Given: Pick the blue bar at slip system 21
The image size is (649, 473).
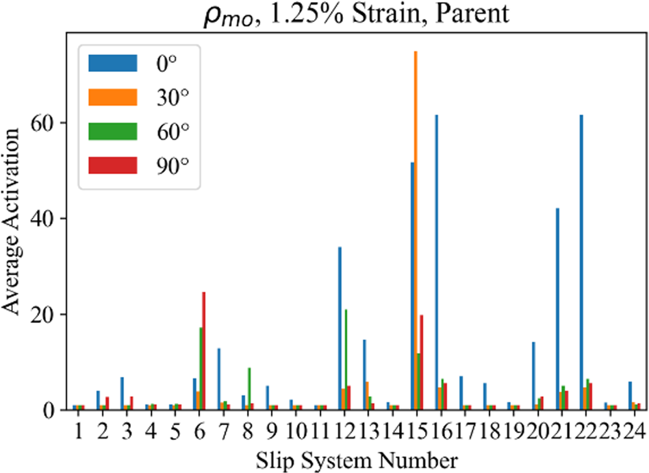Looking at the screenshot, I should [557, 309].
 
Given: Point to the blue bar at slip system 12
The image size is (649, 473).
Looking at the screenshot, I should [340, 328].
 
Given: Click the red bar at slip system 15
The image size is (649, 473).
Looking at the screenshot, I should [422, 363].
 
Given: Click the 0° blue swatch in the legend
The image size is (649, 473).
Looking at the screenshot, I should [113, 64].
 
